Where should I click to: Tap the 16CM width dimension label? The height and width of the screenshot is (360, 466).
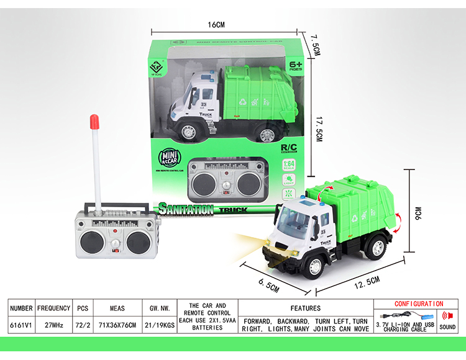(x=216, y=25)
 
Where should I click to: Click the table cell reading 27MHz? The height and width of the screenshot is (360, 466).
(x=53, y=324)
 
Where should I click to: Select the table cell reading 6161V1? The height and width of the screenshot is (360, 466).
(x=21, y=324)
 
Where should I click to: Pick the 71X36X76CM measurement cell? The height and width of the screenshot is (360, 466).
(x=117, y=324)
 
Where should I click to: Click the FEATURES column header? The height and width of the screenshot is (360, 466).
(x=305, y=308)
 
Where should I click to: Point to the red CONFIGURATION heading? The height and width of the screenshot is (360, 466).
(x=419, y=304)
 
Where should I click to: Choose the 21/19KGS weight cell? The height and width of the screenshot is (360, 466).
(x=161, y=324)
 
